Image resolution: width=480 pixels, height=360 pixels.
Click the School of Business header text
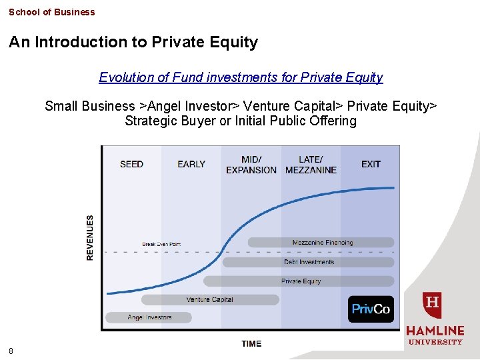point(52,12)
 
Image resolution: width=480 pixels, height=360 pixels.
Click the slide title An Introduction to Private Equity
point(133,42)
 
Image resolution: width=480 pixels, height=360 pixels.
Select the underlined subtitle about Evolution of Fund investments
point(241,77)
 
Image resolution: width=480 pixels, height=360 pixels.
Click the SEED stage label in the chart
point(131,164)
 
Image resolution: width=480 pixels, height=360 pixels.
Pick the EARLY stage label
point(191,164)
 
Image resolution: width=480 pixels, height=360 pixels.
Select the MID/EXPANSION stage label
point(251,165)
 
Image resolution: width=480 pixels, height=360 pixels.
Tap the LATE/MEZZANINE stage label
point(311,165)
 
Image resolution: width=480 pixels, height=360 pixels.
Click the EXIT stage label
point(371,164)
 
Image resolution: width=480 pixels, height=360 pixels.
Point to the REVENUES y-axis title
point(91,237)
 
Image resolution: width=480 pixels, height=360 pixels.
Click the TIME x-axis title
point(251,344)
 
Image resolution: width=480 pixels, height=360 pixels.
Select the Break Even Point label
point(161,244)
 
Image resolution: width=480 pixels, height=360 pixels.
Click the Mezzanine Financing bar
point(321,243)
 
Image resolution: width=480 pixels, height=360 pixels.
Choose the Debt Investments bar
point(308,262)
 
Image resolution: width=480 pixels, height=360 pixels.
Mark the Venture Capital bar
point(210,300)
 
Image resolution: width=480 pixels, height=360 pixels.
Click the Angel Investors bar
point(149,317)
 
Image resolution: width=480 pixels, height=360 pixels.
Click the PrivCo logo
point(371,309)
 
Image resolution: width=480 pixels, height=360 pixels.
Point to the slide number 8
point(11,351)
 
